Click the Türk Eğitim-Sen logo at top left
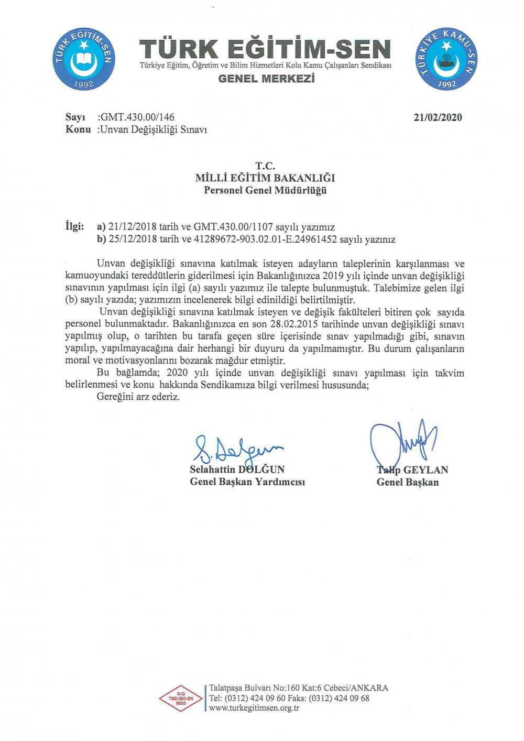(84, 59)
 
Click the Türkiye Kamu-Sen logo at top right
(446, 59)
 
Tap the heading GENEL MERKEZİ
(266, 79)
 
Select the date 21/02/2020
(438, 117)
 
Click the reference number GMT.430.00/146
(137, 117)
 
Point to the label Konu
(78, 129)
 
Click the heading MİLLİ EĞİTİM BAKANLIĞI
(265, 178)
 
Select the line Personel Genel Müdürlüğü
(265, 190)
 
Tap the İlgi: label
(74, 226)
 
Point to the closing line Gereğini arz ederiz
(138, 397)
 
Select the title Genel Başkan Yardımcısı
(247, 482)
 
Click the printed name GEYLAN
(425, 470)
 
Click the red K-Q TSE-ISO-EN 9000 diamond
(181, 699)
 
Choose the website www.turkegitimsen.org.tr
(254, 708)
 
